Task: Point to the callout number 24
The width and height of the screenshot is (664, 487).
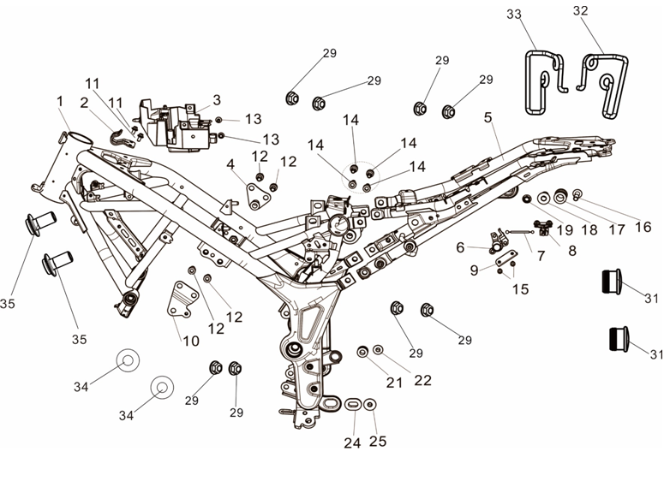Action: (x=353, y=442)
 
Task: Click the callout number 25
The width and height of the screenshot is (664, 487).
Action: (x=378, y=442)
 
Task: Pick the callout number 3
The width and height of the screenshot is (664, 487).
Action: (x=217, y=99)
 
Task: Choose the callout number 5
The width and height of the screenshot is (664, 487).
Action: (x=488, y=118)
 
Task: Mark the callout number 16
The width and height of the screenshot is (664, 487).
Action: (x=643, y=228)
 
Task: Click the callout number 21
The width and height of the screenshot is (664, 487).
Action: (x=394, y=383)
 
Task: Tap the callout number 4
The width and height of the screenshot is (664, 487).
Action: (x=230, y=163)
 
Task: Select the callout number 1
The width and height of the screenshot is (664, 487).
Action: (x=60, y=101)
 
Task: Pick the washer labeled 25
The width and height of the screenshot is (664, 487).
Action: (x=370, y=403)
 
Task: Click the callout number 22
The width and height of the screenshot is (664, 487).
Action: (x=423, y=380)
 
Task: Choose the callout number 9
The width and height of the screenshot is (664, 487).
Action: (x=475, y=270)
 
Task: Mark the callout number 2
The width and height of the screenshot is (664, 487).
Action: (x=85, y=103)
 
